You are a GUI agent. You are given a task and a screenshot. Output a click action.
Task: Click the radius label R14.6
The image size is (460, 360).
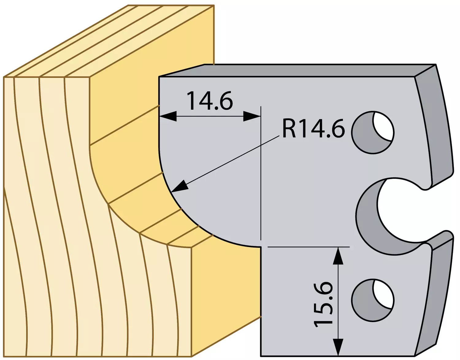click(x=313, y=128)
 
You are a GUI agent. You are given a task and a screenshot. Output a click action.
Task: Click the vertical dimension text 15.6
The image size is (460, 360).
click(x=323, y=304)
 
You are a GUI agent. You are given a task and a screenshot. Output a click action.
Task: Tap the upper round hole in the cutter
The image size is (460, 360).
click(x=373, y=132)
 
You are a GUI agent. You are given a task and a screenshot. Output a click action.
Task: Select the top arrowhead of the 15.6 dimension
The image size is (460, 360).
click(x=338, y=256)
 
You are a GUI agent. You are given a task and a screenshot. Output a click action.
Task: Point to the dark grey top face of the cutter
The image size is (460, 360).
click(x=296, y=70)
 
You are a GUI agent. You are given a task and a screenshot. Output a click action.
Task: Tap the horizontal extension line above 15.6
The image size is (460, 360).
click(x=308, y=247)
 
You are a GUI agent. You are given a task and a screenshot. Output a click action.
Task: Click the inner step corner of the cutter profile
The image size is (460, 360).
click(x=261, y=246)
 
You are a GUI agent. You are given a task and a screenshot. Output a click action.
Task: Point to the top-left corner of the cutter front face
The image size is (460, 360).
click(x=159, y=77)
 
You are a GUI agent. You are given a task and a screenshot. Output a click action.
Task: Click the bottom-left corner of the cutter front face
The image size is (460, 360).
click(x=261, y=356)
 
